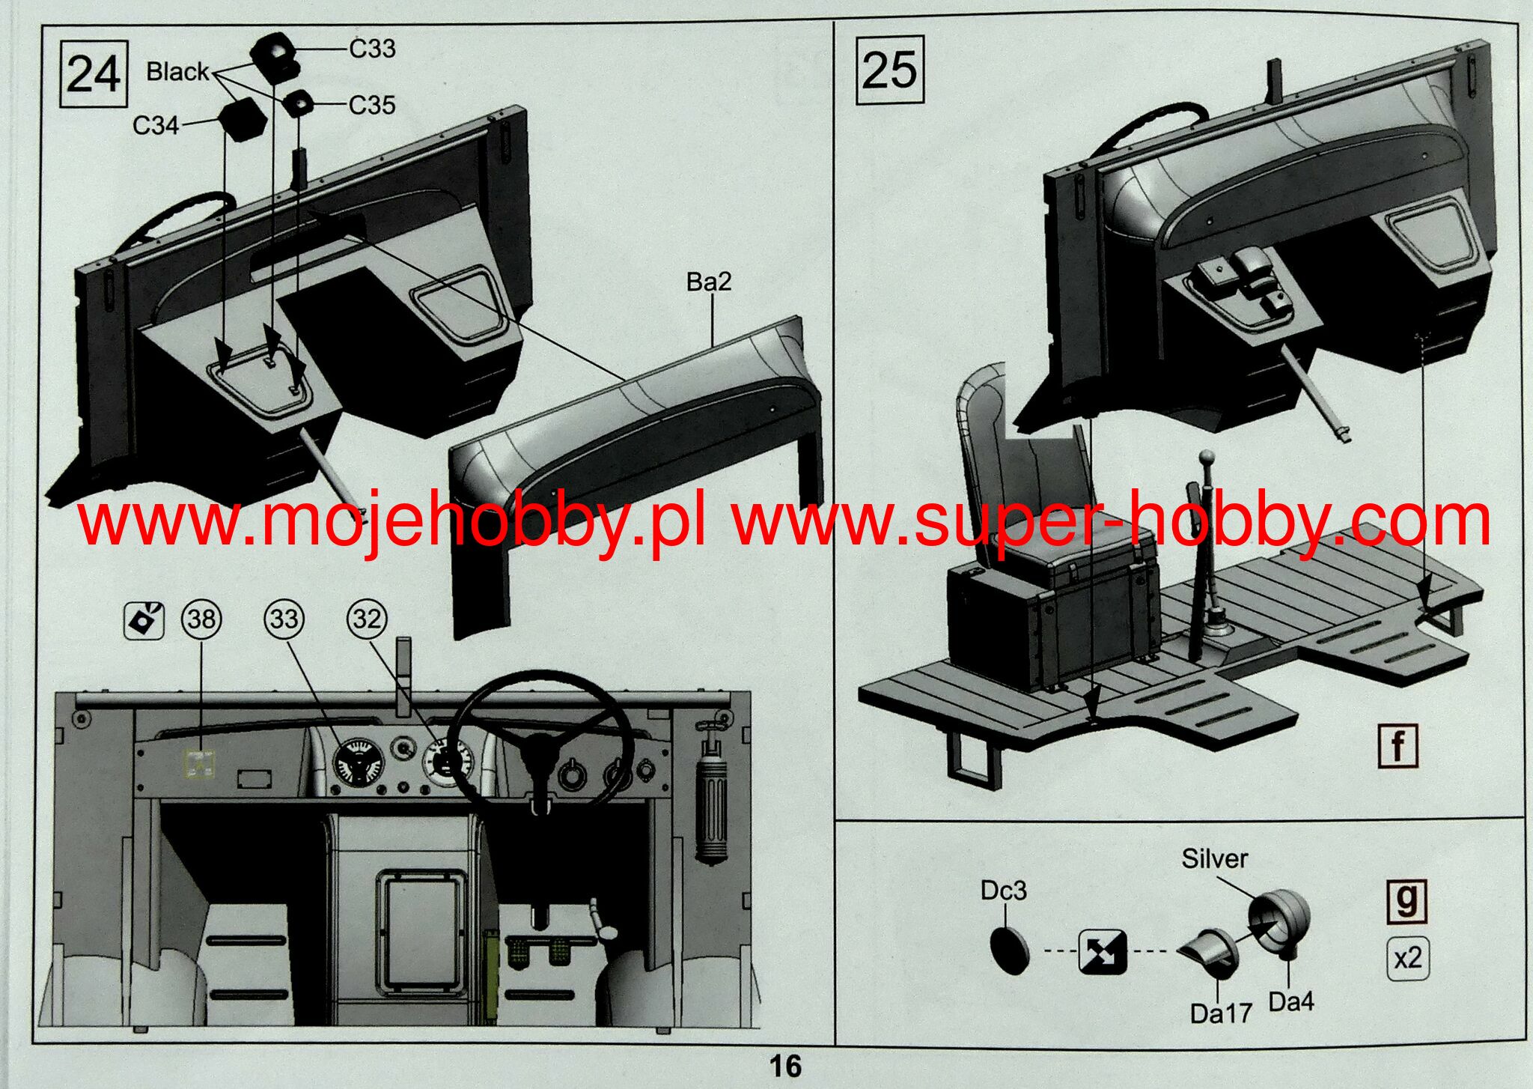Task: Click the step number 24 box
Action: click(x=94, y=74)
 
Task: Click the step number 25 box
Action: click(x=889, y=70)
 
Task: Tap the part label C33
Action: click(x=372, y=49)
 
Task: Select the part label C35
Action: click(x=372, y=106)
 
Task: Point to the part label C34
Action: click(x=156, y=125)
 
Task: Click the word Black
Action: click(x=177, y=72)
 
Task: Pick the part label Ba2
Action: click(x=708, y=282)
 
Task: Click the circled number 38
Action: click(x=201, y=619)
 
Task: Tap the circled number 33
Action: click(x=284, y=619)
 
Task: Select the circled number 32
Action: click(x=367, y=619)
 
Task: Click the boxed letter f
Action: click(x=1398, y=746)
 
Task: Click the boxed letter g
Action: click(x=1407, y=900)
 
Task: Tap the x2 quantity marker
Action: click(x=1407, y=958)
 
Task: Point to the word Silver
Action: click(x=1214, y=858)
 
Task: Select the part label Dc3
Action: click(x=1003, y=891)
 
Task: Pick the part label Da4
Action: click(x=1291, y=1001)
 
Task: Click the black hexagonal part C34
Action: click(x=243, y=120)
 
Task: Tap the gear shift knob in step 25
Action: click(x=1206, y=457)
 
